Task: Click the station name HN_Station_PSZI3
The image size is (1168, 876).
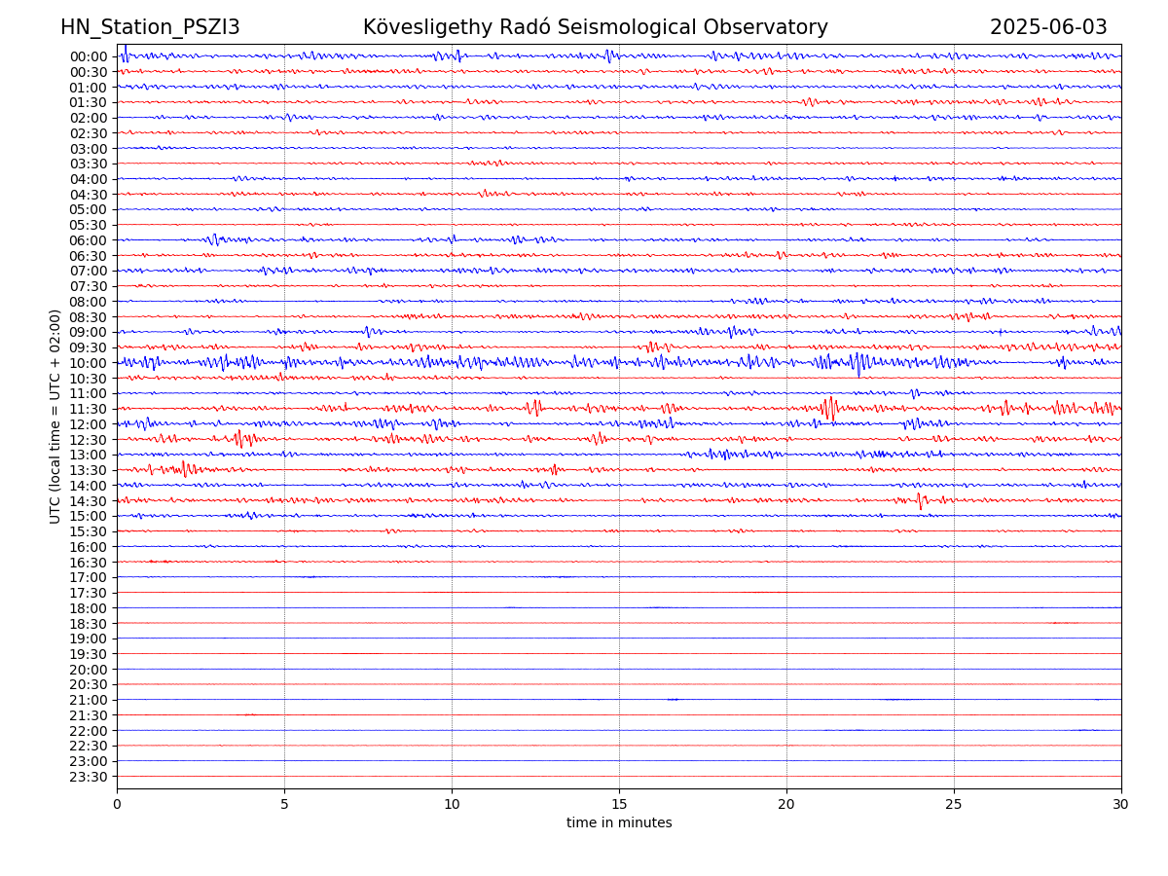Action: click(150, 27)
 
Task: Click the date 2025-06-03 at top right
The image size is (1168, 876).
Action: click(1048, 27)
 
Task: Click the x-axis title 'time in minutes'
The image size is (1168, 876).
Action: click(619, 822)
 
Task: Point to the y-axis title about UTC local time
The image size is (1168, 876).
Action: click(55, 416)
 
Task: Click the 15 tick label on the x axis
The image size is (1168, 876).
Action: click(619, 805)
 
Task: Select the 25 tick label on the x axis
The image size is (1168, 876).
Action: click(954, 805)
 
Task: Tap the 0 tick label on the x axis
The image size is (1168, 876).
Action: click(117, 805)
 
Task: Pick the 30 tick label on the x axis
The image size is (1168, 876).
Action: click(1121, 805)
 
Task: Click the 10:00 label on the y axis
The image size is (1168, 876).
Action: click(88, 363)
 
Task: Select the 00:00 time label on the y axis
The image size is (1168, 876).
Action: click(88, 56)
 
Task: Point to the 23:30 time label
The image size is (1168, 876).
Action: click(88, 777)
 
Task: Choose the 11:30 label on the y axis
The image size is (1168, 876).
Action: click(88, 409)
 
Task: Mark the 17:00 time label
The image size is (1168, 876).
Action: click(88, 577)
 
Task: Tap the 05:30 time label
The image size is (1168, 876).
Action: click(88, 225)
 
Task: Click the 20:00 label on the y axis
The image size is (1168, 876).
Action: click(88, 670)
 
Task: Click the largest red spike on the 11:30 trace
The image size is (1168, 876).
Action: click(828, 408)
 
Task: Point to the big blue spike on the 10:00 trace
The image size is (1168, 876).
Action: click(858, 364)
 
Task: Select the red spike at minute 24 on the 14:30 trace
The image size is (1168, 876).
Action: click(920, 501)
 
